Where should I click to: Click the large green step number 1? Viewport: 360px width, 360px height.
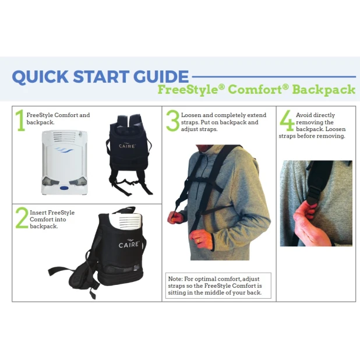click(20, 121)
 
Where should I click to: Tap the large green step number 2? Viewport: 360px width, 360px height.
click(21, 218)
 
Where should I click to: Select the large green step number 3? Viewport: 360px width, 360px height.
click(172, 121)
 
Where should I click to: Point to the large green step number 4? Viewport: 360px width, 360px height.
click(287, 121)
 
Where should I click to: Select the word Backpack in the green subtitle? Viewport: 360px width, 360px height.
click(323, 90)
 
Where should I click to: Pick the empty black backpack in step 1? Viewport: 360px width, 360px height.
click(128, 153)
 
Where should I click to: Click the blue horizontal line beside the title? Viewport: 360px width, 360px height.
click(274, 76)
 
